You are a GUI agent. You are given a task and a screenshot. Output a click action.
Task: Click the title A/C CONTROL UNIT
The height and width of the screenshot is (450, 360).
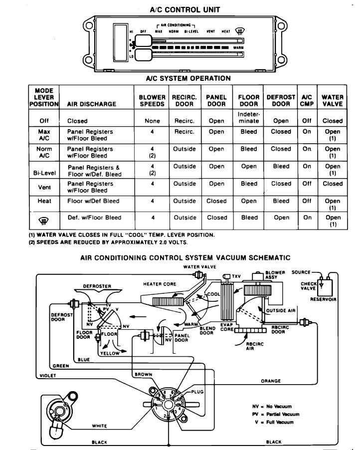(185, 9)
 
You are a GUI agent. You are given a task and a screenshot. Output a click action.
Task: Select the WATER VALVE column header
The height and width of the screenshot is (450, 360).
(332, 100)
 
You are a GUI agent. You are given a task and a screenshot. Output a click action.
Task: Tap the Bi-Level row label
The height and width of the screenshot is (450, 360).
(42, 173)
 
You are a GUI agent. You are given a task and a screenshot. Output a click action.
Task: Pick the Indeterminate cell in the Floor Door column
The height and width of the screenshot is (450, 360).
(249, 118)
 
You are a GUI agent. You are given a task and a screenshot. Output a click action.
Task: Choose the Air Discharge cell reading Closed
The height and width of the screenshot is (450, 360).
(77, 121)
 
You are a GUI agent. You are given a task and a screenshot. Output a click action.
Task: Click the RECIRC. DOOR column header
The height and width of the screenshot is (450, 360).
(184, 100)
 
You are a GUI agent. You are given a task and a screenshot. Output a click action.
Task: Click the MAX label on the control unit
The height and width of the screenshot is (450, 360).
(159, 31)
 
